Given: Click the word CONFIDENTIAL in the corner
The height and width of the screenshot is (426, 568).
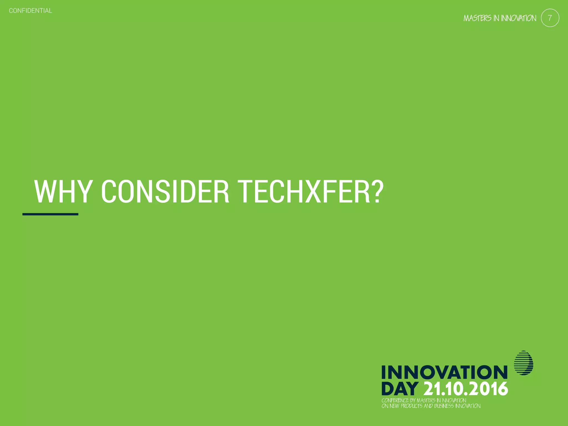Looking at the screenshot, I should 31,11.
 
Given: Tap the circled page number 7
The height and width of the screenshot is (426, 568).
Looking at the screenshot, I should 550,18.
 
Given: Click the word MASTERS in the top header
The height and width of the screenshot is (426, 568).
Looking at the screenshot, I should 477,18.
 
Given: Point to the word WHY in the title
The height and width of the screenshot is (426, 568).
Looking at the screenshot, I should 63,192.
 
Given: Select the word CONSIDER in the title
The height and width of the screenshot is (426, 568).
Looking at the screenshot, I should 165,192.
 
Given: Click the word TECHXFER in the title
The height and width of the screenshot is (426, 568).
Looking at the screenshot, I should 304,192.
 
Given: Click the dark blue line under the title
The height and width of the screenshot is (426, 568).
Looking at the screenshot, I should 50,214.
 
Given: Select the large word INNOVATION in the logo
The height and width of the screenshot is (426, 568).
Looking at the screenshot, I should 444,372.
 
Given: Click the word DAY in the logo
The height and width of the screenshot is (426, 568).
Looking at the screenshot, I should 400,389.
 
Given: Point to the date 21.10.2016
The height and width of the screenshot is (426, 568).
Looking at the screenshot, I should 466,389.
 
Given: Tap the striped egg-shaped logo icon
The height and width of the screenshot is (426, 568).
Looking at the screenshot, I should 524,363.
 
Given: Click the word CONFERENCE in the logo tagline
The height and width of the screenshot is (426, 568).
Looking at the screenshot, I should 395,400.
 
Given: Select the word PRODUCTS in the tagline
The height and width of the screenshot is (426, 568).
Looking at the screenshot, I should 411,406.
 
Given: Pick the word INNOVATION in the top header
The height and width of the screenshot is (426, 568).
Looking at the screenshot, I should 518,18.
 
